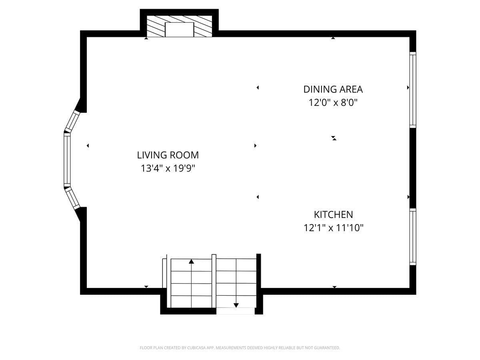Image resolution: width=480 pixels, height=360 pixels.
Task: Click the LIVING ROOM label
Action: (x=168, y=155)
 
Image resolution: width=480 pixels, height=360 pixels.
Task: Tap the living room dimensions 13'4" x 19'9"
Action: (x=168, y=168)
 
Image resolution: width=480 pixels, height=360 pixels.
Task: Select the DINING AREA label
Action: (x=333, y=89)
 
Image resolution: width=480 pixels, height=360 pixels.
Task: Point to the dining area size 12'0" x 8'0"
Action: (x=333, y=102)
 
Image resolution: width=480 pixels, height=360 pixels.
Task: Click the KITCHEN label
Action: (x=333, y=214)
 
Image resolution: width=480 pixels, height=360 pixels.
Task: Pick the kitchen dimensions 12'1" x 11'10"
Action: (x=333, y=228)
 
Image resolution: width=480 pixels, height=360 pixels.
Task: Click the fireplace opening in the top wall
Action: (x=179, y=30)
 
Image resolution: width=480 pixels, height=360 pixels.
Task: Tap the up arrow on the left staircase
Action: (x=191, y=262)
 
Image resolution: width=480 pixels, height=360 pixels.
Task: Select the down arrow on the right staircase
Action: (x=236, y=305)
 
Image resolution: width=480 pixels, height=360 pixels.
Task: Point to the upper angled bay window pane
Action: (x=72, y=120)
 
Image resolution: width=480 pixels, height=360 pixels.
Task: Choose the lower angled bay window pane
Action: (x=72, y=198)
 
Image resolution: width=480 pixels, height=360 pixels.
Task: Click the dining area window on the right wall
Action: (x=413, y=90)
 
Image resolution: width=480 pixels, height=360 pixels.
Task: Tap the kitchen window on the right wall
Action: (x=413, y=237)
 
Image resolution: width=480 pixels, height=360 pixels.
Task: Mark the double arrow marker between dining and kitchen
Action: (x=334, y=138)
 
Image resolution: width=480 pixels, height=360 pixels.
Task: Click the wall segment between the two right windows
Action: (x=413, y=168)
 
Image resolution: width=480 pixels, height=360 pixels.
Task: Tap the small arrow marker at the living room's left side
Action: (x=88, y=146)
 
